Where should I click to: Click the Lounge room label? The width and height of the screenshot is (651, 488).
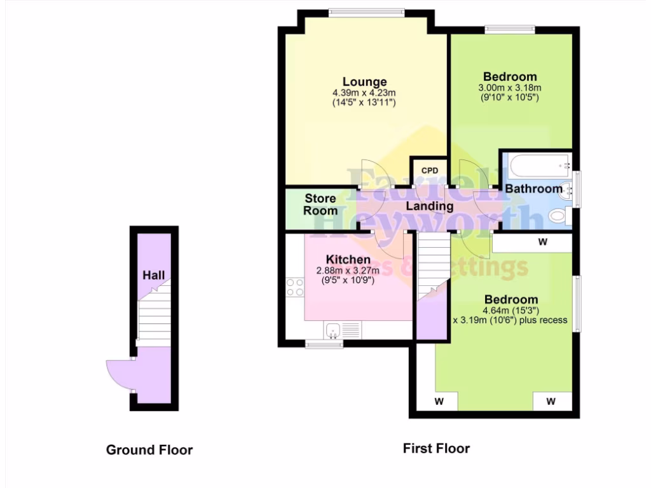tap(364, 81)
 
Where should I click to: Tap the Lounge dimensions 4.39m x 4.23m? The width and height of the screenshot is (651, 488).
tap(364, 93)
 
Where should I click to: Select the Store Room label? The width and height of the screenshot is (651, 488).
tap(320, 205)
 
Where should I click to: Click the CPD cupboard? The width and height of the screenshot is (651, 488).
tap(430, 172)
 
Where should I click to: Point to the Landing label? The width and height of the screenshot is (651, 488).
tap(430, 206)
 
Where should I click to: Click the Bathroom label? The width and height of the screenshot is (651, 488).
tap(533, 189)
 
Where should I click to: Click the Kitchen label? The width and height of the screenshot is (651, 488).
tap(348, 259)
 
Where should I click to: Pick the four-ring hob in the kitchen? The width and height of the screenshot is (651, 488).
tap(295, 287)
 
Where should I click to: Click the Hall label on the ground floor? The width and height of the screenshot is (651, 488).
tap(154, 275)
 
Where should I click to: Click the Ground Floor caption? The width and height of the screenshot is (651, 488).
tap(149, 450)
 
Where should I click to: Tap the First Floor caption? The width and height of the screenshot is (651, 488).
tap(436, 448)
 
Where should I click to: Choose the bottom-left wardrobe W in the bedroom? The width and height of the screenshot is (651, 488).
tap(439, 402)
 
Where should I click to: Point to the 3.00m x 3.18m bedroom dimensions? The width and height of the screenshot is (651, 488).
tap(509, 88)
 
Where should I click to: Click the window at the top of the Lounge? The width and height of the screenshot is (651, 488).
tap(366, 11)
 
